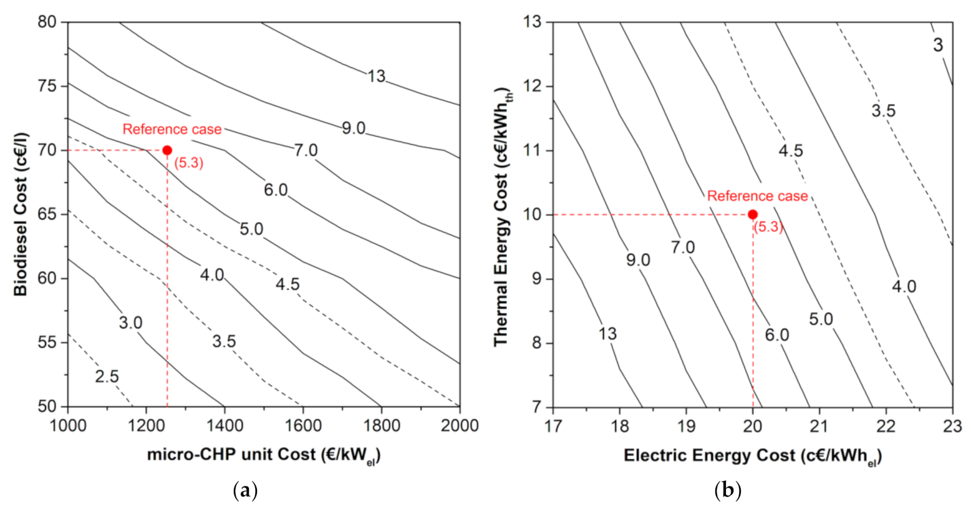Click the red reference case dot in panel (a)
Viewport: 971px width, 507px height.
tap(167, 150)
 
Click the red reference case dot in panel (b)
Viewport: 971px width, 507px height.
tap(753, 215)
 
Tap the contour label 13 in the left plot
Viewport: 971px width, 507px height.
tap(376, 76)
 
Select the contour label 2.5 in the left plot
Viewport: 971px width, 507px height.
tap(107, 377)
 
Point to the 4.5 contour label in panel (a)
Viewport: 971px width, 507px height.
tap(287, 284)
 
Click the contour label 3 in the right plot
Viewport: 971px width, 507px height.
tap(938, 45)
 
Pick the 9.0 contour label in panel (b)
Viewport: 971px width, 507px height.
tap(638, 259)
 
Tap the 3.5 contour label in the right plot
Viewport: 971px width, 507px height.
tap(883, 111)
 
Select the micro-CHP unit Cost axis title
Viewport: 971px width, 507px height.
tap(263, 455)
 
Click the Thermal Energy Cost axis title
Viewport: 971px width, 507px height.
tap(501, 214)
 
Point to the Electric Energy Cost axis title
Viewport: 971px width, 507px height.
tap(752, 456)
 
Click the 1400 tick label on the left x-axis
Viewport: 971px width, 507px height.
tap(225, 425)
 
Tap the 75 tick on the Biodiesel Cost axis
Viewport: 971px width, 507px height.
tap(48, 86)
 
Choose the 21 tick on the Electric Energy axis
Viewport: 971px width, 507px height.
tap(819, 425)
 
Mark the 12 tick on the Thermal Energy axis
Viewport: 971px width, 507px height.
tap(534, 86)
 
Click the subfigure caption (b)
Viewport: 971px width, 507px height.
tap(728, 491)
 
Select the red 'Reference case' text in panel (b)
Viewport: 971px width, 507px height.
tap(757, 196)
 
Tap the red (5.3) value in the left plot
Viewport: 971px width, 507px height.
tap(188, 164)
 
